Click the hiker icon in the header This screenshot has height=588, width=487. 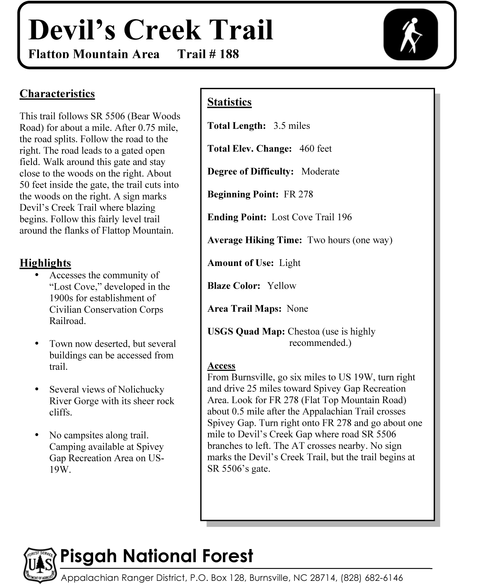tap(411, 35)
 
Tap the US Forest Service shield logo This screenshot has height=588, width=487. tap(39, 565)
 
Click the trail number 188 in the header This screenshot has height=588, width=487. tap(229, 54)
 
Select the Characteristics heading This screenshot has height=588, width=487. tap(57, 94)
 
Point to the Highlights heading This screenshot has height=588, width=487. tap(45, 263)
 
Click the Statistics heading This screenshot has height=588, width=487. tap(230, 102)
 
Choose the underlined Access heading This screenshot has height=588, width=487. tap(221, 366)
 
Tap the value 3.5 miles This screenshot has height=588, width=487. tap(292, 126)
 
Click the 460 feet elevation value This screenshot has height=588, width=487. tap(316, 149)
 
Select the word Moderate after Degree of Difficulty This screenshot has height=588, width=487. tap(320, 172)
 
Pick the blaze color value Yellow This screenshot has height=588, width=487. tap(282, 286)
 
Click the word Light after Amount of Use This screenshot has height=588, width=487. tap(290, 263)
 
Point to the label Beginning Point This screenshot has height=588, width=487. tap(243, 194)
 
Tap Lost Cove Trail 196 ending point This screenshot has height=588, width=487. tap(312, 217)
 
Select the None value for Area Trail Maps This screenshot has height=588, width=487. tap(297, 309)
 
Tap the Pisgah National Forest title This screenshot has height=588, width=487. tap(156, 556)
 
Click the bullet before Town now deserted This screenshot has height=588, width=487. tap(37, 343)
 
